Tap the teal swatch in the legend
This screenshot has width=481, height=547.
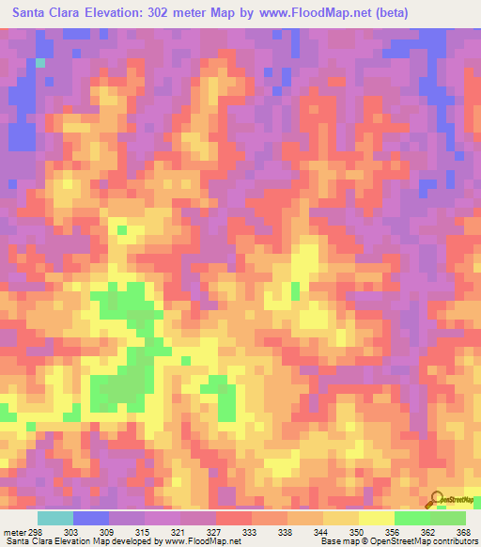[x=55, y=518]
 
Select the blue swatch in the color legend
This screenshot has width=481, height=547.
[x=91, y=518]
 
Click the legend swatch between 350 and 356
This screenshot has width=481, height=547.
[x=377, y=518]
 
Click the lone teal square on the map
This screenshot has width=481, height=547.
[x=40, y=63]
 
